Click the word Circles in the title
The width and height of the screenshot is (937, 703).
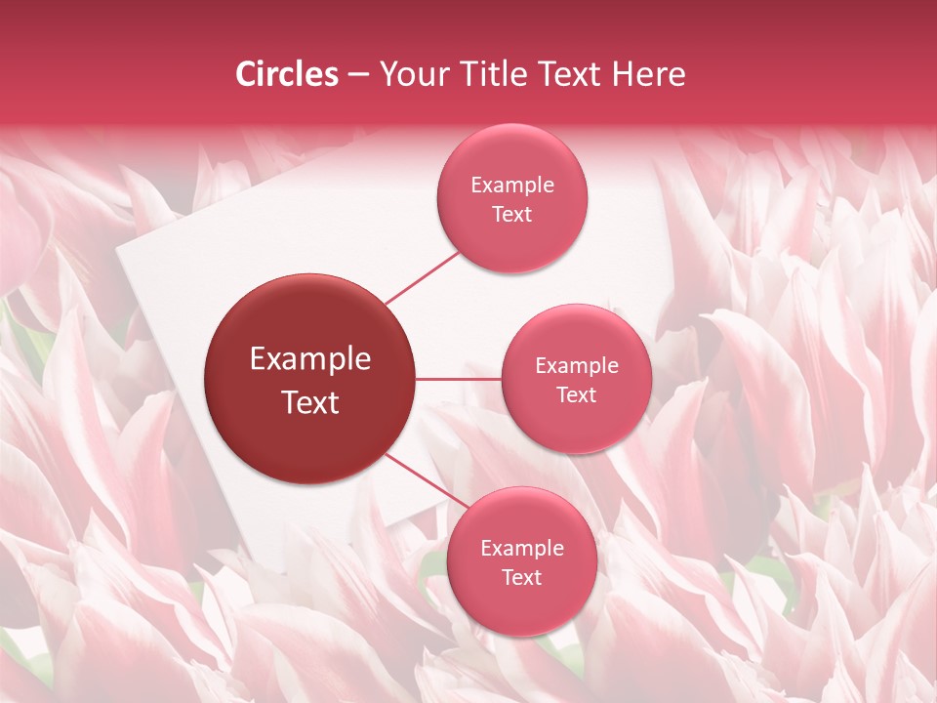pos(287,74)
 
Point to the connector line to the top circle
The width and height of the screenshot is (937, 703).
pos(422,277)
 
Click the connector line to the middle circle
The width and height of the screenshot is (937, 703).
pos(459,379)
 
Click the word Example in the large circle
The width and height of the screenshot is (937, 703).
pos(310,359)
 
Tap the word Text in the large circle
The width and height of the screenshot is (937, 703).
pos(310,402)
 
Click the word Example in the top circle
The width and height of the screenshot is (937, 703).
pos(512,186)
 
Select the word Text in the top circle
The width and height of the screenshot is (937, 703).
pos(512,215)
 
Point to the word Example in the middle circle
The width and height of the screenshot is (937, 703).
pos(577,366)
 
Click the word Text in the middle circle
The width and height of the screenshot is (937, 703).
pos(577,395)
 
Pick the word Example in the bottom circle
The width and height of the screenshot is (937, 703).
pos(522,549)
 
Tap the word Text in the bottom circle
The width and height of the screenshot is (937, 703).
pos(522,578)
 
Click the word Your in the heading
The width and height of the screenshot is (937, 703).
pos(409,74)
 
